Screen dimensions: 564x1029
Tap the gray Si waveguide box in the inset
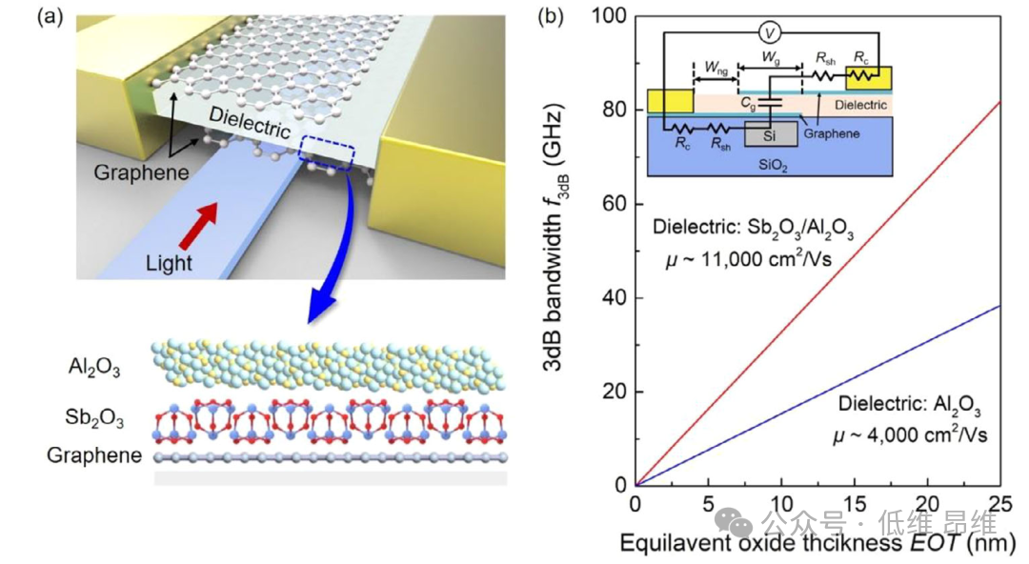coord(768,136)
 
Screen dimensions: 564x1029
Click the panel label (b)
coord(550,17)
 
